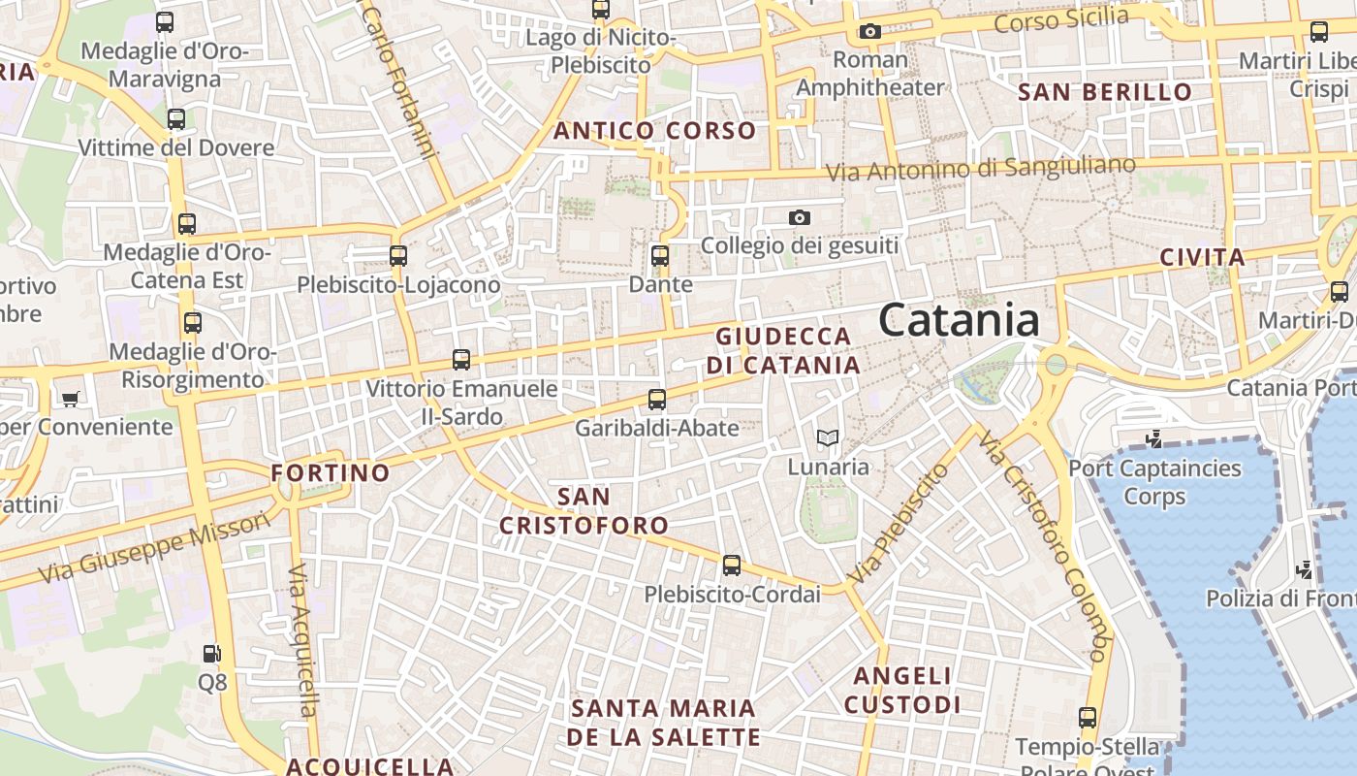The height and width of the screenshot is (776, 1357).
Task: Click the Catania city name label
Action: click(x=960, y=320)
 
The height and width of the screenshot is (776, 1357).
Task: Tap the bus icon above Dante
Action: click(x=660, y=256)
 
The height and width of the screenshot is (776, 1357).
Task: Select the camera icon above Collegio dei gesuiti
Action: click(x=799, y=217)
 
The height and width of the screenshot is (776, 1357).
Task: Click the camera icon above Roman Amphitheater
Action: click(x=870, y=31)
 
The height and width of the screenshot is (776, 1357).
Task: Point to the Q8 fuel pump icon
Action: click(x=211, y=654)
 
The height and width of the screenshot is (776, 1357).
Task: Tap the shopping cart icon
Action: click(x=70, y=399)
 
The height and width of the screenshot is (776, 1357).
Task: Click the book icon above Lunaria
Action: click(x=827, y=438)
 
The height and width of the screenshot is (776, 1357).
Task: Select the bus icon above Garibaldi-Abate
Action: click(x=657, y=400)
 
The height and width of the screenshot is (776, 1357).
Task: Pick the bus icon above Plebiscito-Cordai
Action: click(x=732, y=566)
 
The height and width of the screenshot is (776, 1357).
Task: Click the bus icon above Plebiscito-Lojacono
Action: click(x=398, y=256)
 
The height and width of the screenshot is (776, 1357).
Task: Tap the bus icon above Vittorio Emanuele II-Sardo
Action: click(x=461, y=360)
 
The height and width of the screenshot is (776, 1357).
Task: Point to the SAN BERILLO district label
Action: click(x=1105, y=92)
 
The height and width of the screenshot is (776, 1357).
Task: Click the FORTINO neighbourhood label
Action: click(x=331, y=473)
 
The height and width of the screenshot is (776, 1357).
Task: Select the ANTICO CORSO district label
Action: click(x=654, y=131)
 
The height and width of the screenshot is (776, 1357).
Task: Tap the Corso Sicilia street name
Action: click(x=1061, y=19)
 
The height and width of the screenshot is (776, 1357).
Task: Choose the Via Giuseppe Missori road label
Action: click(x=154, y=548)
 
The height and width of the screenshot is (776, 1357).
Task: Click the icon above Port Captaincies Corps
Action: click(x=1153, y=439)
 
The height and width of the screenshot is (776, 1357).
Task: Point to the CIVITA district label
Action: click(x=1202, y=258)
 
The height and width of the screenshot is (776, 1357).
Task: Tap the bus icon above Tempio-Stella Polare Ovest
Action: click(x=1088, y=718)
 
